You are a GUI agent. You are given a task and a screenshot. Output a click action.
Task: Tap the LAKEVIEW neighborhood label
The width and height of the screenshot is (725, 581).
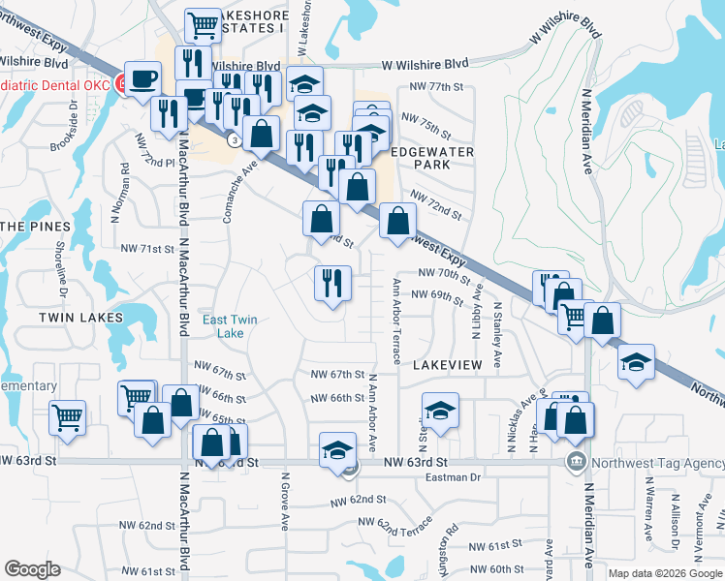(447, 364)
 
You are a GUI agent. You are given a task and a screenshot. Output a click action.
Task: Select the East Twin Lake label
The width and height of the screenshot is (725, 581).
(230, 326)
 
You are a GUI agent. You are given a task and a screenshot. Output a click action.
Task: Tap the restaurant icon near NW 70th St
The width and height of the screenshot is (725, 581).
(332, 283)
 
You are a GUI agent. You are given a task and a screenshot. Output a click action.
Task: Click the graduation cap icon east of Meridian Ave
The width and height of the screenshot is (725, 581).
(635, 363)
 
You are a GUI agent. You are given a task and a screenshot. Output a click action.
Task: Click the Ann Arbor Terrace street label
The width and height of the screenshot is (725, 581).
(395, 321)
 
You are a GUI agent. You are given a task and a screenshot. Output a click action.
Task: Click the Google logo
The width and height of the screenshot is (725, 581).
(32, 569)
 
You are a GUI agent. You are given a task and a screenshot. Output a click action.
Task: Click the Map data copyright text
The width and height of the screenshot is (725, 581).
(665, 573)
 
